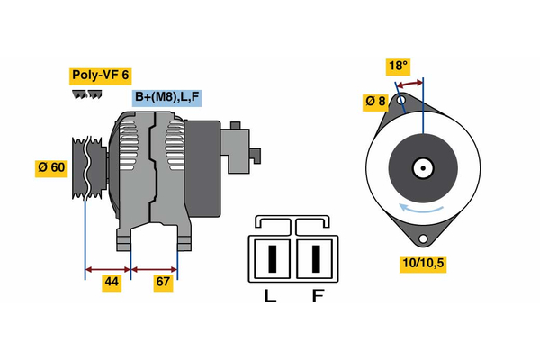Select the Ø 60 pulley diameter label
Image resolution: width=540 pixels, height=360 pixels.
pos(51,167)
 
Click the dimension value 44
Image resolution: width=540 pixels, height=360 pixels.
pos(112,282)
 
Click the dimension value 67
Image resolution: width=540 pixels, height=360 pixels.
pos(162,282)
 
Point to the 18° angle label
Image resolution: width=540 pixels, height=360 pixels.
pos(398,66)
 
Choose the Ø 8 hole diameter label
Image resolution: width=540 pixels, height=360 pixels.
pos(375,102)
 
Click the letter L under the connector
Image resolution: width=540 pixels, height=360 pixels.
pos(269,295)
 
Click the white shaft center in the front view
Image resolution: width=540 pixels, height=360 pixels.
pos(421,167)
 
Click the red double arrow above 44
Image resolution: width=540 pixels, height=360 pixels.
pos(107,268)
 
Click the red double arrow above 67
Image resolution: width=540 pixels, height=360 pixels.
pos(155,268)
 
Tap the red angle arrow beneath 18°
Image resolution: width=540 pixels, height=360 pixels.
pos(410,84)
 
